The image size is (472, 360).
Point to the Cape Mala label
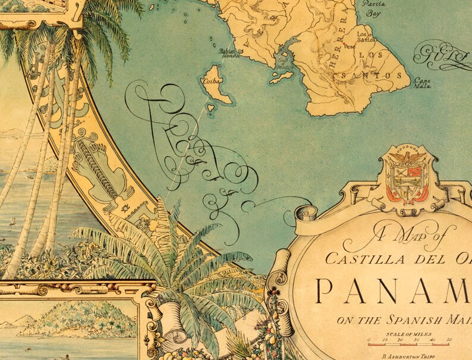point(423,83)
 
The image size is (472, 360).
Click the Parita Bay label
point(373,7)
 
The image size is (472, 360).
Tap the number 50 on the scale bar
point(449,340)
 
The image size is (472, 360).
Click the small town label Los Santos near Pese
point(365,38)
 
